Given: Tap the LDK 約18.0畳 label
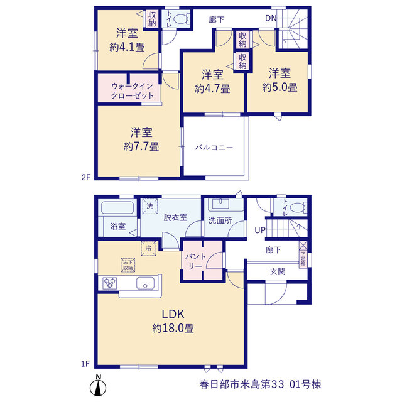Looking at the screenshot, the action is (x=173, y=321).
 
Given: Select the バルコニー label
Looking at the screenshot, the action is (x=214, y=148).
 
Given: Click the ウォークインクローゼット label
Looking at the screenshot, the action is (x=133, y=91).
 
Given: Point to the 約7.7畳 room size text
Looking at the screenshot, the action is (x=141, y=146).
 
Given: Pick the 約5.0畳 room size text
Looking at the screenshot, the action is (x=280, y=88).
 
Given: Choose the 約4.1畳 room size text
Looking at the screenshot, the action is (x=127, y=47).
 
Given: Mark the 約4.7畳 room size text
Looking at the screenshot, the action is (x=212, y=89).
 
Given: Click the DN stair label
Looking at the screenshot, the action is (x=271, y=18).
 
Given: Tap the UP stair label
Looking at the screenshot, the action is (x=260, y=231).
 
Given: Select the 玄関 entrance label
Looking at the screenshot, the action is (x=278, y=271).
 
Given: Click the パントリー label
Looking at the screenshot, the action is (x=195, y=261).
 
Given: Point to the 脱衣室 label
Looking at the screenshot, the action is (x=175, y=218).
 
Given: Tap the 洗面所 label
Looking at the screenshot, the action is (x=220, y=220).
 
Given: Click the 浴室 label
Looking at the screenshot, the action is (x=118, y=226).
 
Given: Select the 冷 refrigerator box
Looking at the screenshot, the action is (x=149, y=248).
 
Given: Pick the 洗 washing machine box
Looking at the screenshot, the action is (x=150, y=206).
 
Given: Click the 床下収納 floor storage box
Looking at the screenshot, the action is (x=128, y=265).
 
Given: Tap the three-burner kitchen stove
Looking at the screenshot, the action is (x=109, y=283).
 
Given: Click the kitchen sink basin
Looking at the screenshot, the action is (x=145, y=283).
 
